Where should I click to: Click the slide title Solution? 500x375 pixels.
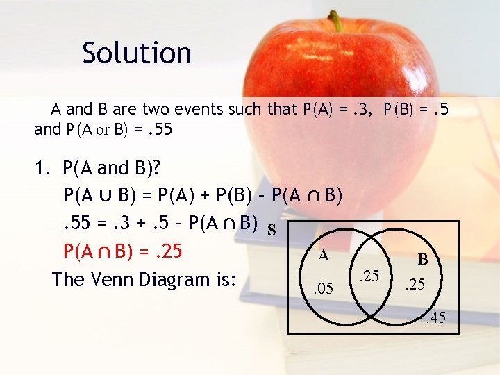point(136,53)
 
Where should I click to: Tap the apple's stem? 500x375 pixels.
point(336,20)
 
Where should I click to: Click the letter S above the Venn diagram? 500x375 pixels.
point(272,230)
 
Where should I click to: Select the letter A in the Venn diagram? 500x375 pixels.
point(323,255)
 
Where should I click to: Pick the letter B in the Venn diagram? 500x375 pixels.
point(422,260)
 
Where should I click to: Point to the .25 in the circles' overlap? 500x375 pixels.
point(368,276)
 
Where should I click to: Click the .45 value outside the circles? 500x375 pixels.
point(435,319)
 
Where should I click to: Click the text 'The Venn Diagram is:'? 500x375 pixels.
point(144,279)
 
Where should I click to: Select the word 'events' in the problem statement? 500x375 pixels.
point(165,109)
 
